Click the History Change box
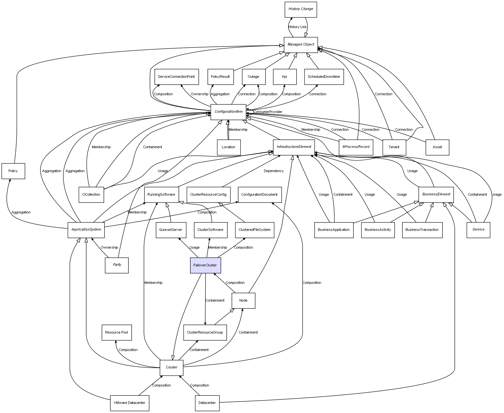[301, 9]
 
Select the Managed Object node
[301, 45]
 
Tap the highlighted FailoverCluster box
[205, 265]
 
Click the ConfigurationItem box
[228, 112]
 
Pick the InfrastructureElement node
[294, 147]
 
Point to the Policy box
[13, 171]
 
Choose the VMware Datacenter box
[129, 403]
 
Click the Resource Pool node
[116, 332]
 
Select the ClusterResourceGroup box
[205, 332]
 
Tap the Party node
[117, 265]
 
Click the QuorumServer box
[170, 230]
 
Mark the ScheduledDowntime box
[324, 77]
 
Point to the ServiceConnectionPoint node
[176, 77]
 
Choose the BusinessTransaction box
[422, 230]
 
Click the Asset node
[437, 147]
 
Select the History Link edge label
[297, 27]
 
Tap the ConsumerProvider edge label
[268, 112]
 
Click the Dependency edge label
[273, 171]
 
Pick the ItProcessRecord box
[356, 147]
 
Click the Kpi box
[284, 77]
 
